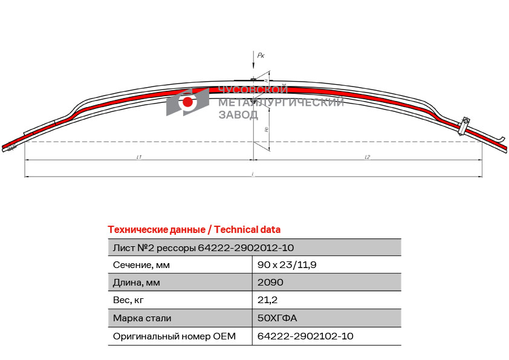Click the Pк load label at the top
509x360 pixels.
click(x=261, y=55)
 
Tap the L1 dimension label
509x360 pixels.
click(x=138, y=157)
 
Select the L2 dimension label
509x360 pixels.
click(x=368, y=157)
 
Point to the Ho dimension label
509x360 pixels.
click(x=267, y=129)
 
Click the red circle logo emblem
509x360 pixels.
click(x=187, y=102)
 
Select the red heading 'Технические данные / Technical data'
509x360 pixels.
click(x=194, y=229)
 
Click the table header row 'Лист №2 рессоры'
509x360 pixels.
click(x=204, y=247)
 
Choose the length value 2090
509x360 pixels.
click(x=270, y=283)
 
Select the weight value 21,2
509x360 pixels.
click(x=267, y=300)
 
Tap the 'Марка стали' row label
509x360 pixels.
click(x=141, y=318)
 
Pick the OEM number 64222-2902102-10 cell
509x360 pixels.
click(x=305, y=336)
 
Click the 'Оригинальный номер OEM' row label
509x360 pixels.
click(x=174, y=336)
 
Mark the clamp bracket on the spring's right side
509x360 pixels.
click(x=464, y=125)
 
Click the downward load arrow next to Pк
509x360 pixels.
click(x=253, y=64)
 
